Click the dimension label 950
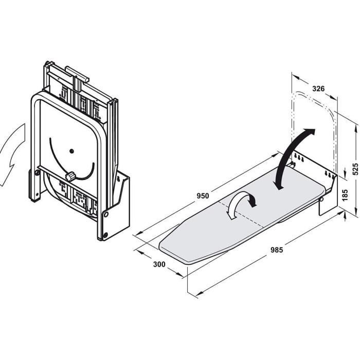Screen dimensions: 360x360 203,196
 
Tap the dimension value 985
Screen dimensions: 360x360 277,250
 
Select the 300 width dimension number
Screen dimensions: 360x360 159,264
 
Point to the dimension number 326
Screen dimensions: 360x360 318,88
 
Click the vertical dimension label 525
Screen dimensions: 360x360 355,169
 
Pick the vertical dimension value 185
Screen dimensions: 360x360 345,195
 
